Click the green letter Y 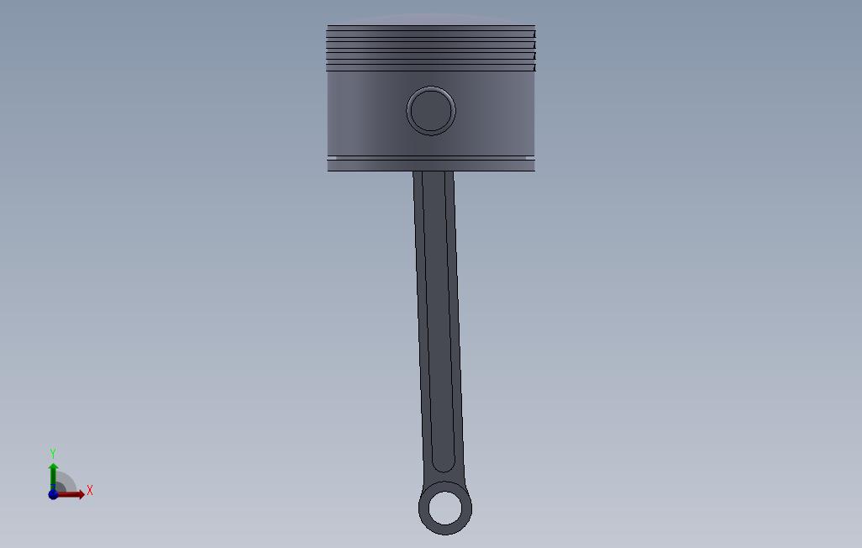[53, 453]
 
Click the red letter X [90, 490]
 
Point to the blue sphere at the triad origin [53, 494]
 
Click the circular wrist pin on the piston [431, 111]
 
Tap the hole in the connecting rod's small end [444, 508]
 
